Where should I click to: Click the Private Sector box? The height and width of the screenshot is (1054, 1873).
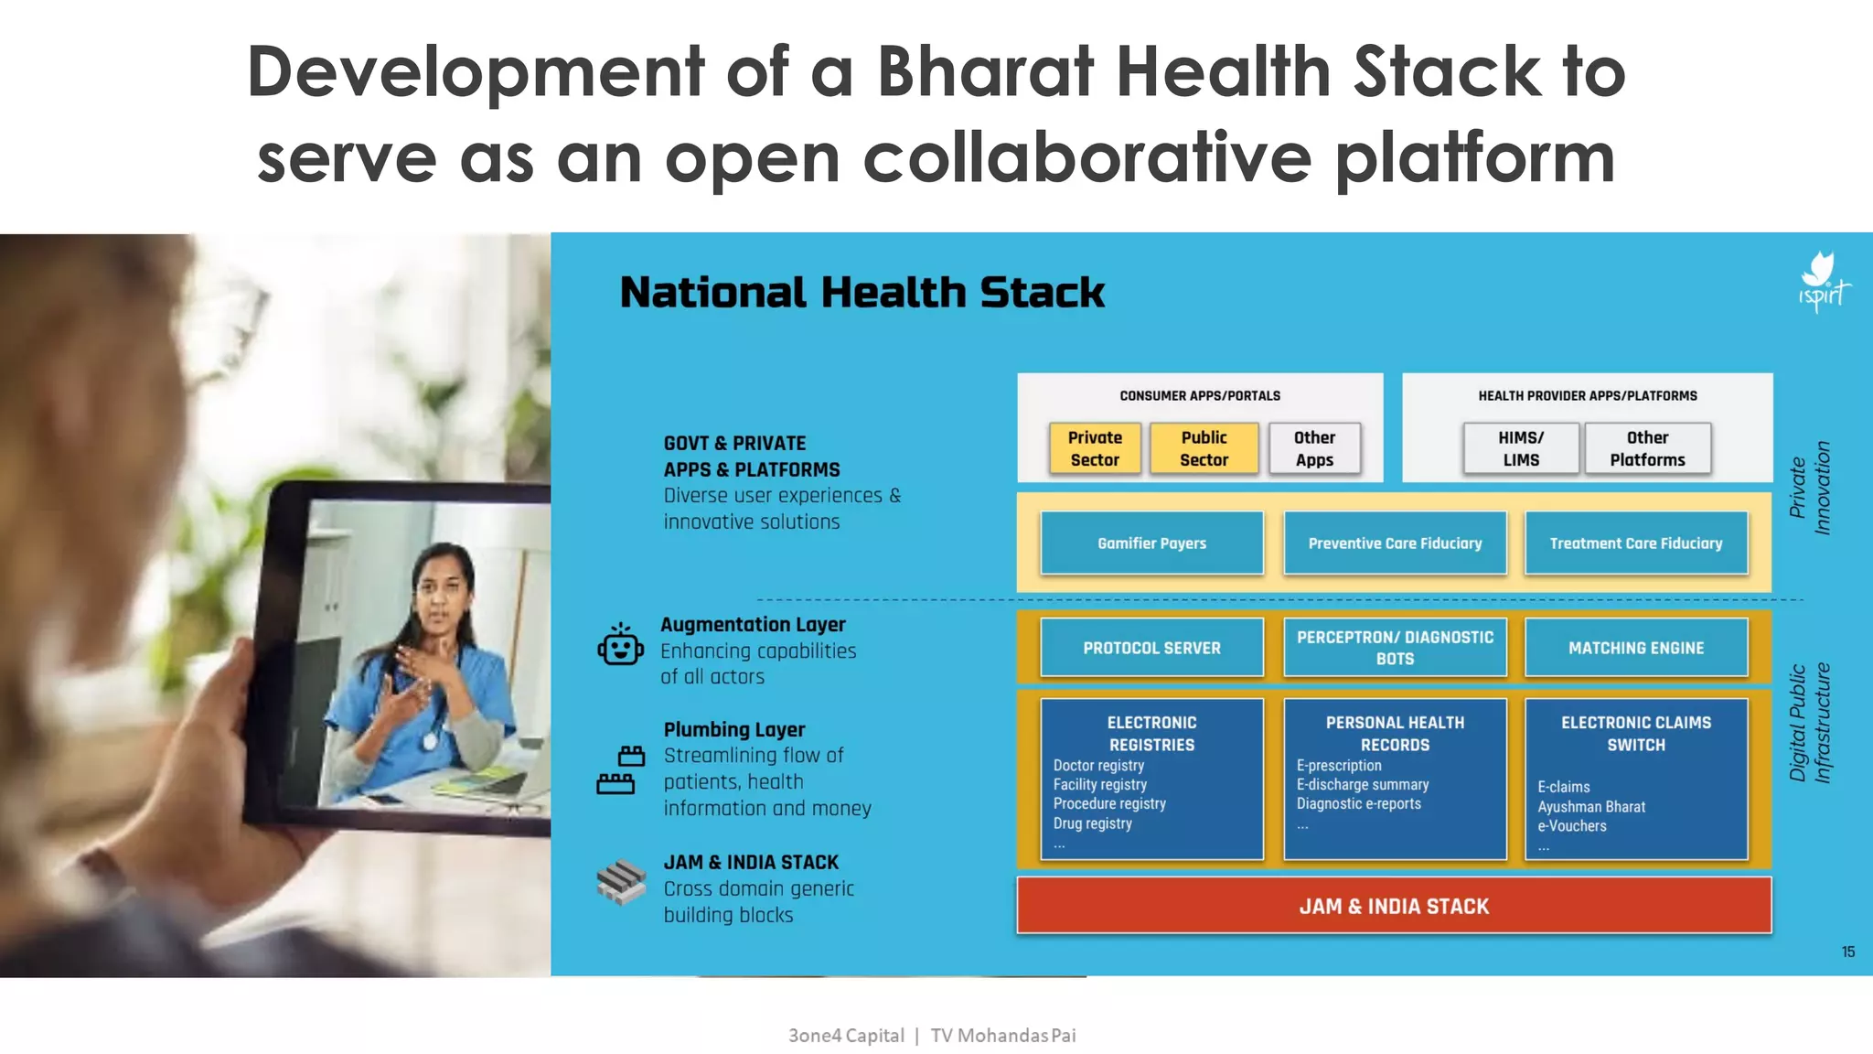coord(1095,448)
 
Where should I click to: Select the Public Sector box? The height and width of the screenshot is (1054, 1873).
coord(1204,448)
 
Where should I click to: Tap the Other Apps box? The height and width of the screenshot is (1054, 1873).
coord(1314,448)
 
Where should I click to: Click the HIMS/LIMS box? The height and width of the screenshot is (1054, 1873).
coord(1521,448)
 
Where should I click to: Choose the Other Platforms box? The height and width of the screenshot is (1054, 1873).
coord(1647,448)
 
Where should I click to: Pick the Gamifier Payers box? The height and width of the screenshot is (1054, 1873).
coord(1151,543)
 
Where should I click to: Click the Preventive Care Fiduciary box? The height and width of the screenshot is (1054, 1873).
coord(1395,543)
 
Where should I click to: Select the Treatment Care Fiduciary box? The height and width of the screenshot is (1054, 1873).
coord(1635,543)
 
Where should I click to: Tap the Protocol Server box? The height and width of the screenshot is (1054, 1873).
coord(1151,648)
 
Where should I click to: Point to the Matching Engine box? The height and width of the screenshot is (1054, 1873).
coord(1635,648)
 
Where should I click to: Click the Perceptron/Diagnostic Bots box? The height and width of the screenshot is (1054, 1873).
coord(1395,648)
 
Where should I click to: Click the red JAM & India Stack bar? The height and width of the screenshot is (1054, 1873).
coord(1394,906)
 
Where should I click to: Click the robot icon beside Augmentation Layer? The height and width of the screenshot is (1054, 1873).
coord(621,645)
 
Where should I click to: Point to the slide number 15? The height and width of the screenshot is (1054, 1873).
coord(1847,952)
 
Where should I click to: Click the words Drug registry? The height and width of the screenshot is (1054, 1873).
coord(1092,823)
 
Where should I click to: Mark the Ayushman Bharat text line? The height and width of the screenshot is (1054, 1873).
coord(1590,807)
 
